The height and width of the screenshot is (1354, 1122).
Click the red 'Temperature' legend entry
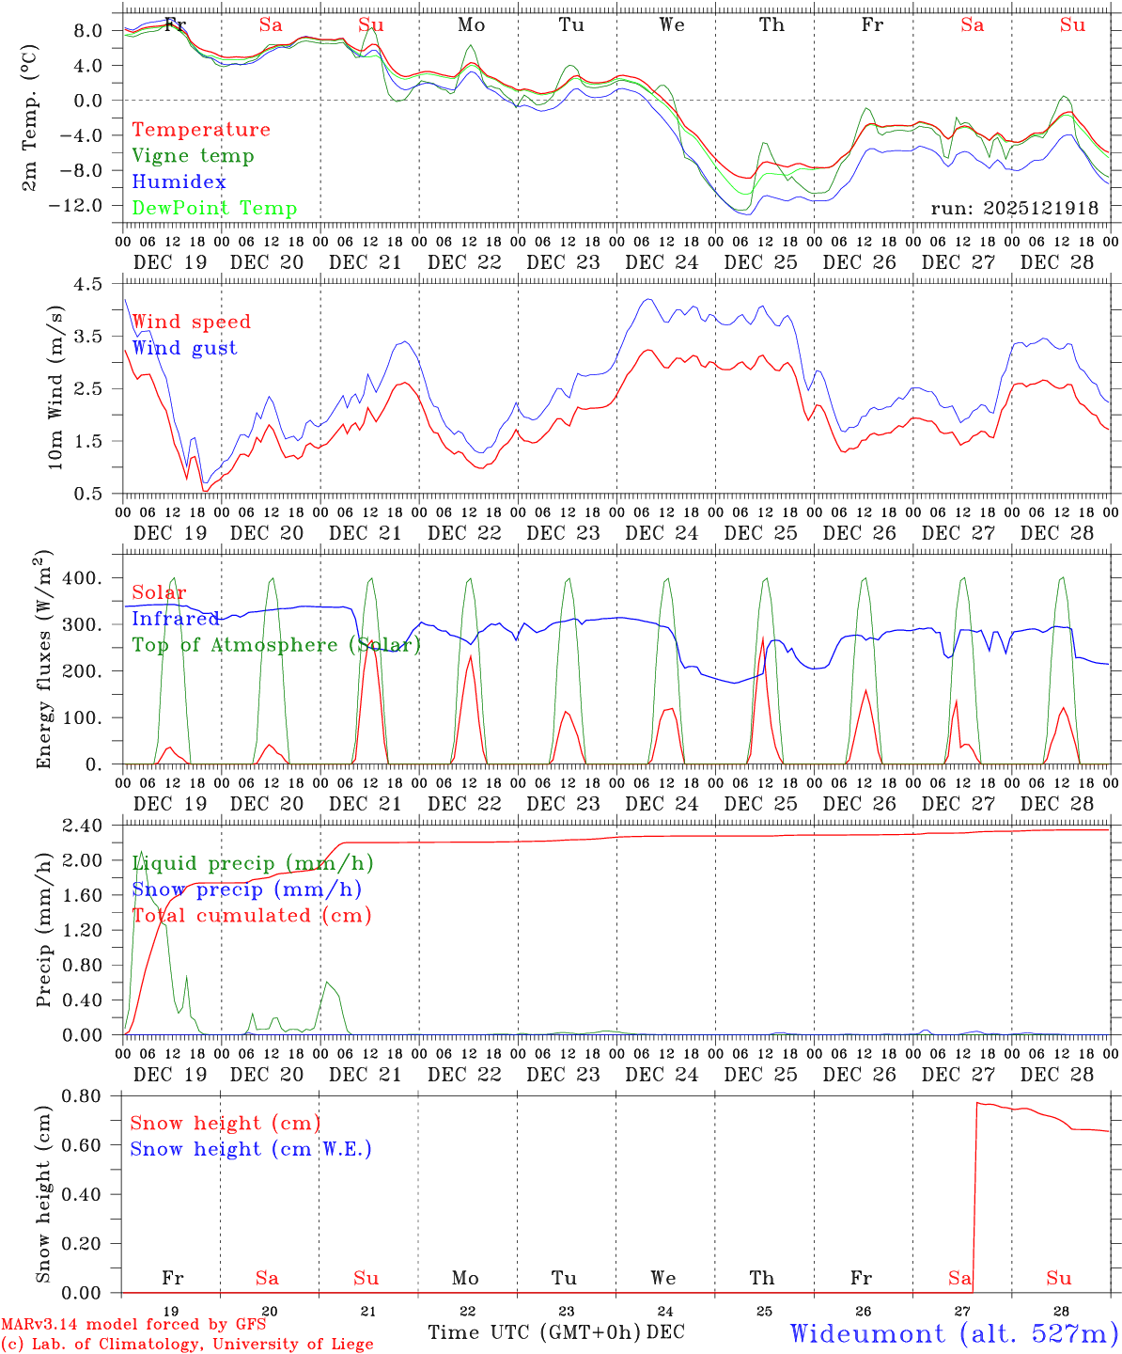tap(200, 130)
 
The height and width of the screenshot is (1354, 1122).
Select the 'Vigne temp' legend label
tap(193, 156)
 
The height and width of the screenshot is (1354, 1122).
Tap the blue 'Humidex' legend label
tap(179, 182)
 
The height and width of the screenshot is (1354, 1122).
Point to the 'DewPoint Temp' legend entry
tap(214, 209)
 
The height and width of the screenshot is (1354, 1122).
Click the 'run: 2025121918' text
tap(1014, 209)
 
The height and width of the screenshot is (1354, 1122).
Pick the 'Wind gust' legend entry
tap(184, 348)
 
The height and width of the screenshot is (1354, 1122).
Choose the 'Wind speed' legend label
tap(191, 322)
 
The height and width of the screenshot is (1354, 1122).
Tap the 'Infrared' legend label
tap(175, 619)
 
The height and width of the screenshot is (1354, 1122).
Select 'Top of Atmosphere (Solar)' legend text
tap(275, 645)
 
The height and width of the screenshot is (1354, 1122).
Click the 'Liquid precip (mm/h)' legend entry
tap(252, 863)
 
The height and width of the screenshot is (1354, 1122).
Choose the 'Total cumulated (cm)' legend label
tap(251, 916)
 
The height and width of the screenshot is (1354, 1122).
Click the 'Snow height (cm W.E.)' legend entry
tap(250, 1149)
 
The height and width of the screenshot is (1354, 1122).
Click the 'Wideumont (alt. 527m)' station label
tap(953, 1333)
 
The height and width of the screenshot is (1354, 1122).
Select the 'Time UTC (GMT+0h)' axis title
tap(535, 1332)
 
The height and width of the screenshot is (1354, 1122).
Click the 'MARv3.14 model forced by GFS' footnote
tap(133, 1325)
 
